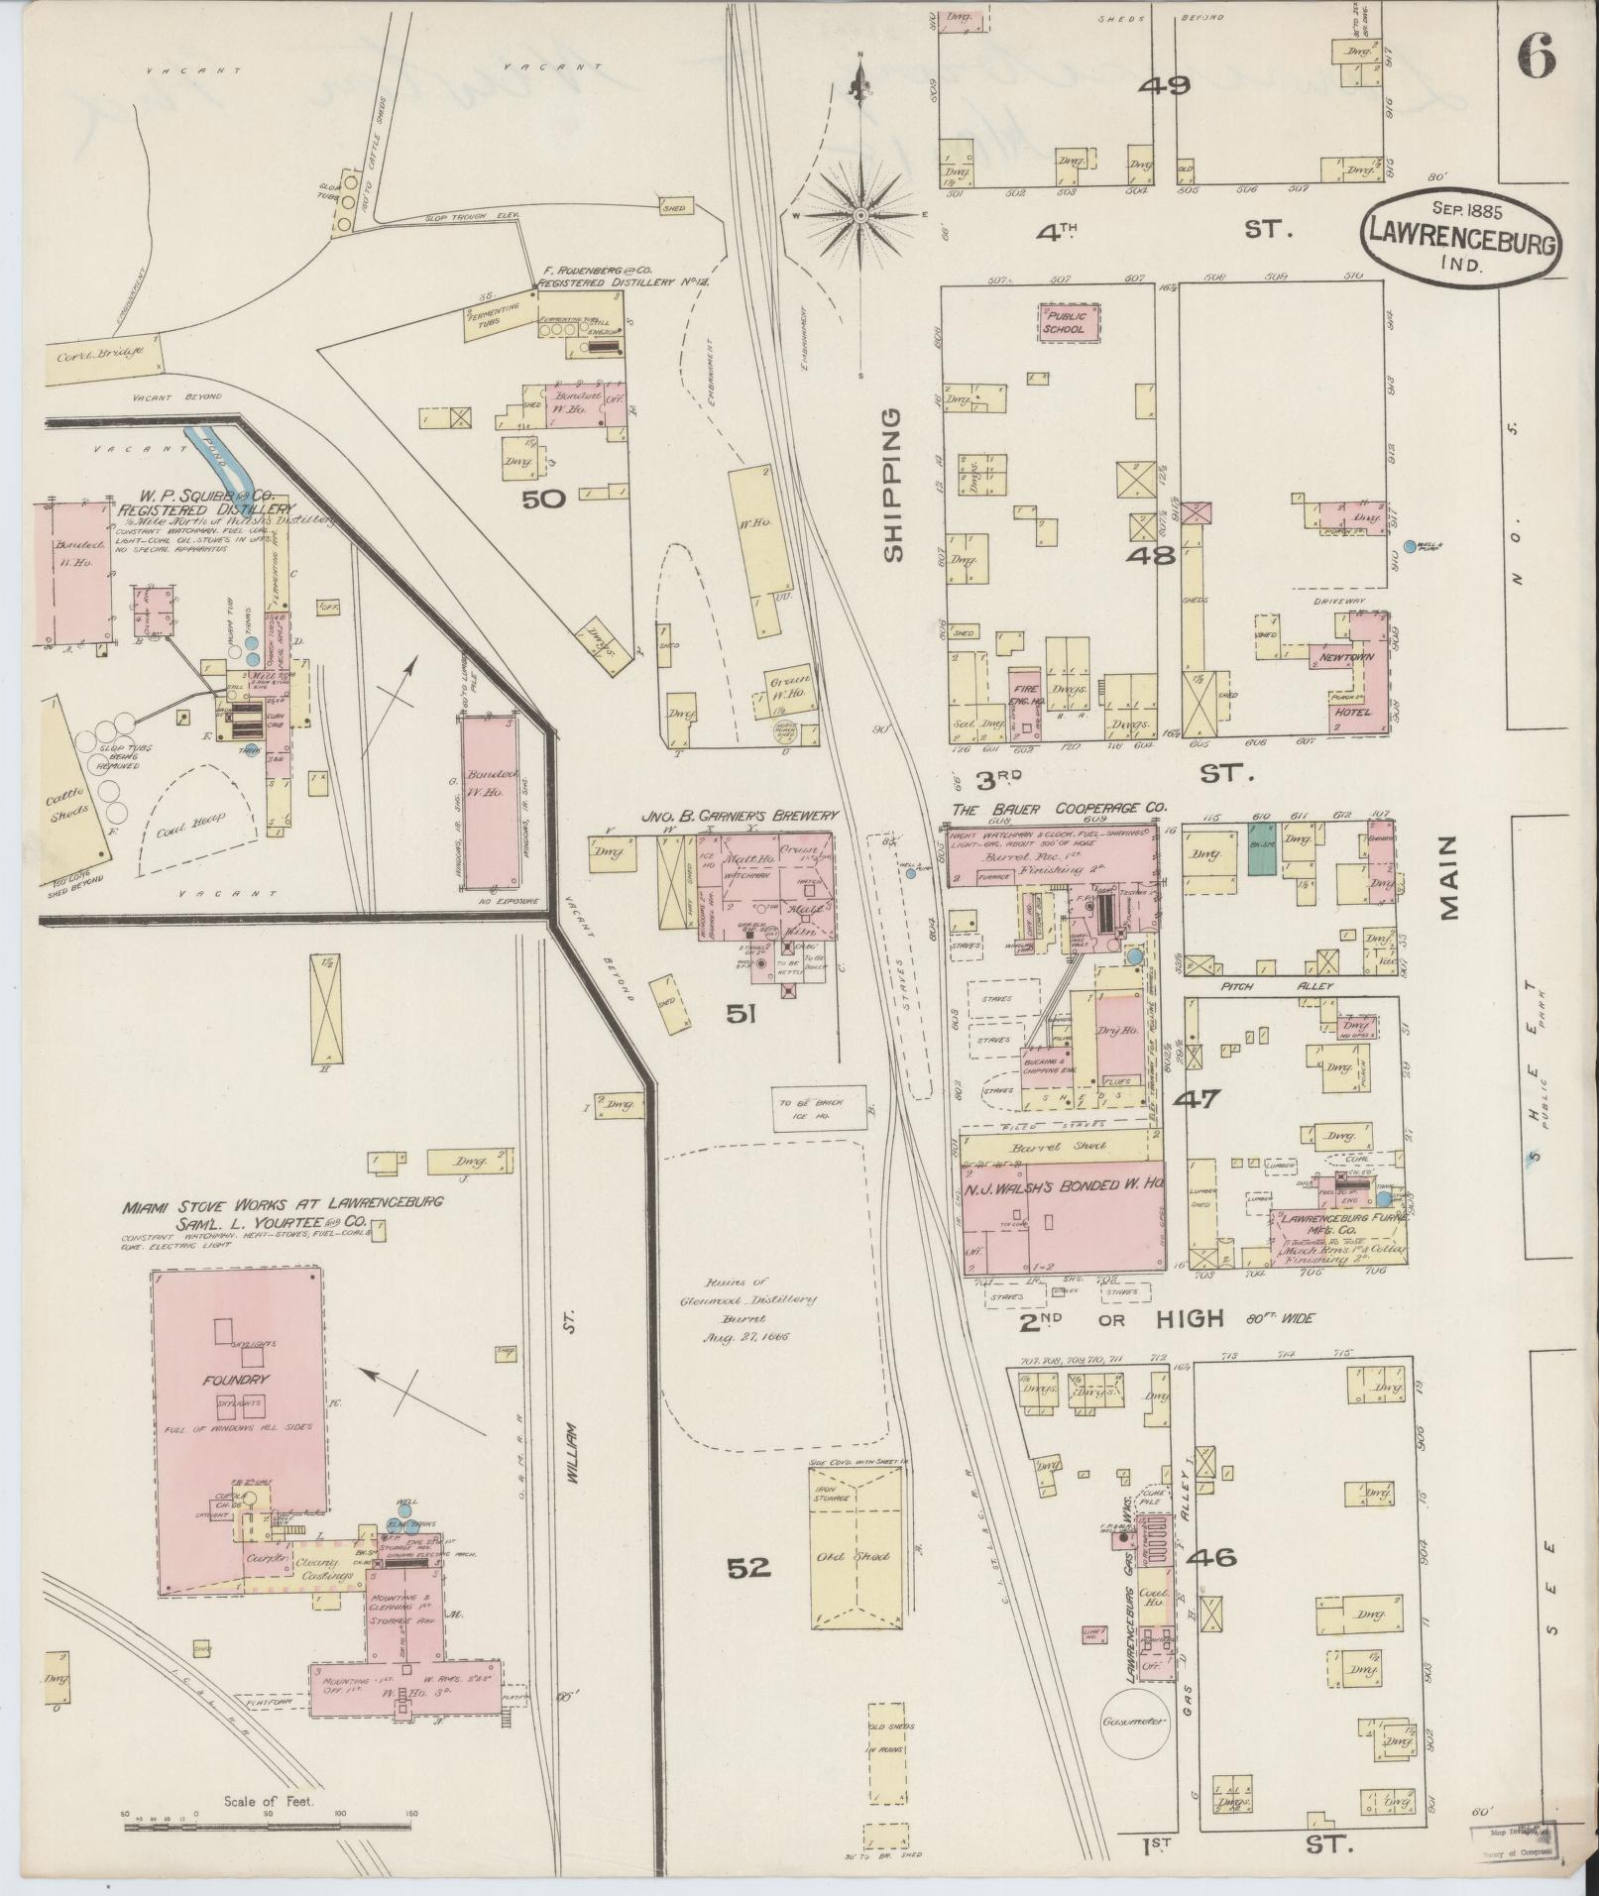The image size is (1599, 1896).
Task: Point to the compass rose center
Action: [860, 214]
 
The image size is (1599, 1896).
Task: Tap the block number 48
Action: [1149, 555]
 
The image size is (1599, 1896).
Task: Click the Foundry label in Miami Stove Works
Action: [235, 1379]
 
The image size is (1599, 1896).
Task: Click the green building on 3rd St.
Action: [1261, 850]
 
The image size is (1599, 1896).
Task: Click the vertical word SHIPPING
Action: [894, 485]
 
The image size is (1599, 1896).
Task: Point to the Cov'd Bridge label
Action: [98, 351]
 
